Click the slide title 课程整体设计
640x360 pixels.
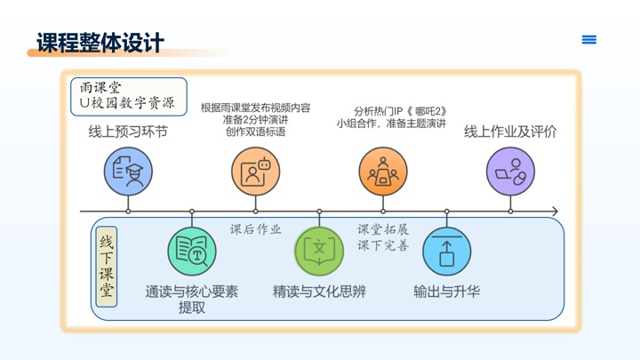point(100,43)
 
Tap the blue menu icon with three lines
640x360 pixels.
point(589,40)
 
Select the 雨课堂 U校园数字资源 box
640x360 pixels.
point(129,97)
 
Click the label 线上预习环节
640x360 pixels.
point(128,132)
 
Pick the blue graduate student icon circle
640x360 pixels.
point(128,172)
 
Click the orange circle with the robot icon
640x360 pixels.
point(255,172)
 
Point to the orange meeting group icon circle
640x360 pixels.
point(383,172)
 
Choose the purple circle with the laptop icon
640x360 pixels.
point(510,172)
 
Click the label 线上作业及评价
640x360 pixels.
point(510,132)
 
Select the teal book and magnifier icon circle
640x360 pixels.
point(192,252)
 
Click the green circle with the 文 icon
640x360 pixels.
point(319,252)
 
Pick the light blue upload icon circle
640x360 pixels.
point(446,252)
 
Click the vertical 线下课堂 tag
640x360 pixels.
point(107,267)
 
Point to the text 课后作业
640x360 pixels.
point(255,229)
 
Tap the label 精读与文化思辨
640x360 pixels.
point(319,292)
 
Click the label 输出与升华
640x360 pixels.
point(446,292)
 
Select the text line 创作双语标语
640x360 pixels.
point(255,132)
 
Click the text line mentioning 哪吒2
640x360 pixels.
point(400,111)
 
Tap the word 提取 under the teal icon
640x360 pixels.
point(192,308)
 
